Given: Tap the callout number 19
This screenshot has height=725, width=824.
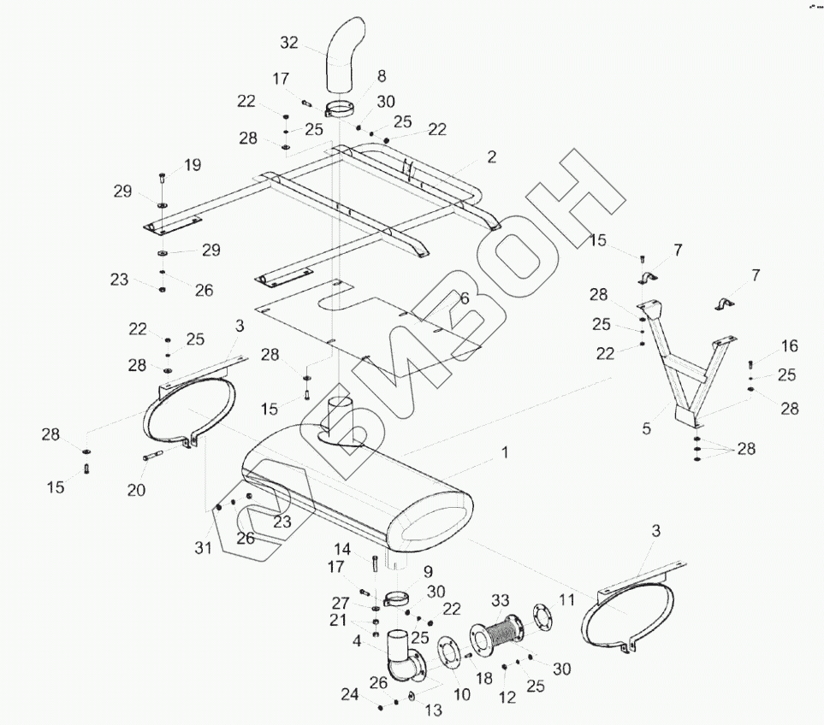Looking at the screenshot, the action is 192,164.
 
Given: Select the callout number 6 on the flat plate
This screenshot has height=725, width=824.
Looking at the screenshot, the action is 464,298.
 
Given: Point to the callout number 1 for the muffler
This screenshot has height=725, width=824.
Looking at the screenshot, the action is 505,452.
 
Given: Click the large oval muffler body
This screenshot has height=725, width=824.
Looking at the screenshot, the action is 359,496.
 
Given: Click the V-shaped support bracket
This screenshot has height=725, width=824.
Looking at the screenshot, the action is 685,368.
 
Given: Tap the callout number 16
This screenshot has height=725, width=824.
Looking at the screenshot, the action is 790,346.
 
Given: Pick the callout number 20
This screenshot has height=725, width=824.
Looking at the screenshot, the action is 136,490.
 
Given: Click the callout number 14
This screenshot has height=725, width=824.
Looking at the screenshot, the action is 341,549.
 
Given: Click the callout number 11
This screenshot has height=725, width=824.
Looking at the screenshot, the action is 566,601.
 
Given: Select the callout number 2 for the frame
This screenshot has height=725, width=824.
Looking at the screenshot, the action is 492,157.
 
